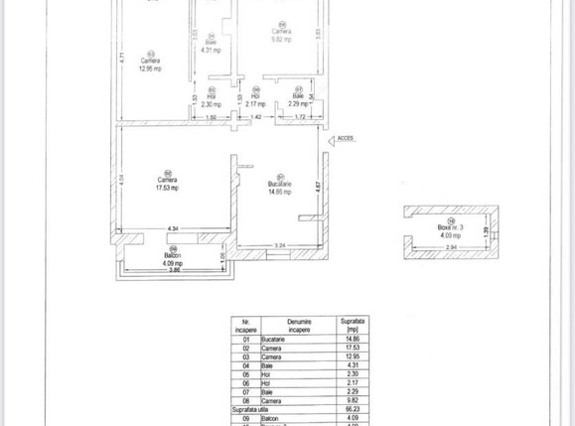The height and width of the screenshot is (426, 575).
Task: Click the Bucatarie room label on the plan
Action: (279, 184)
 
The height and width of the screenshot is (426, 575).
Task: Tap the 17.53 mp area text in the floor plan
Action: (157, 187)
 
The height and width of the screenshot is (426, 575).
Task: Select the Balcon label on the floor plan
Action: (172, 255)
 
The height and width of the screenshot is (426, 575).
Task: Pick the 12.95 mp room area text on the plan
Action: (151, 68)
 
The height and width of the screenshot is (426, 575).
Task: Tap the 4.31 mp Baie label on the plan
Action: (210, 49)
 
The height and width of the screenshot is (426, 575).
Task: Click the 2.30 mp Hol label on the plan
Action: (210, 103)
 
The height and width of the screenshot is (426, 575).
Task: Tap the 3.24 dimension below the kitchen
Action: (281, 244)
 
